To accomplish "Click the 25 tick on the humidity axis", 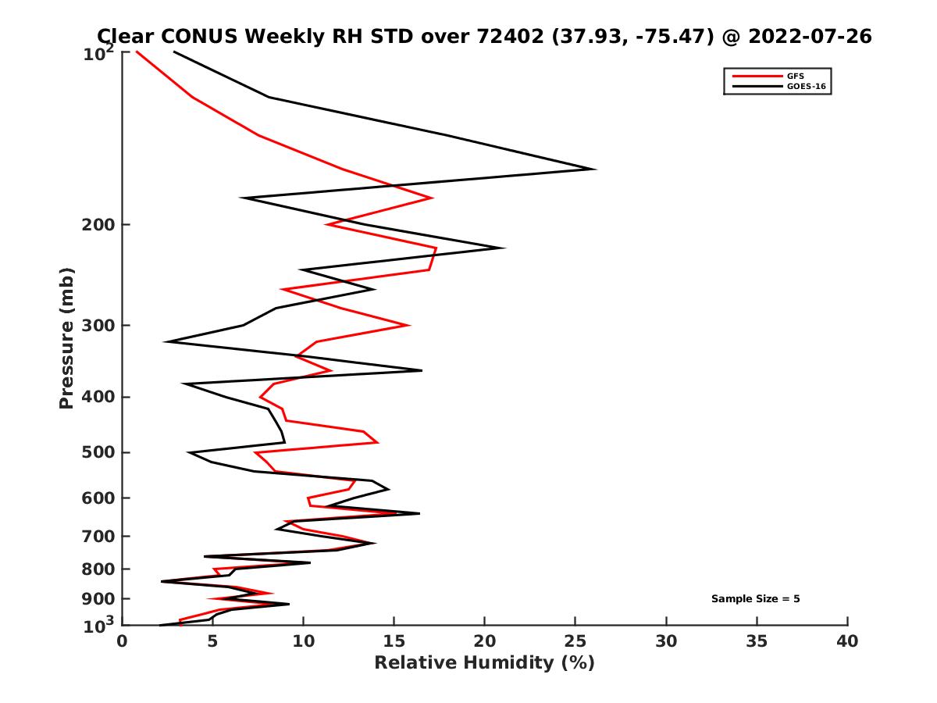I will (x=575, y=642).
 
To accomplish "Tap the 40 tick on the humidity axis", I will (x=847, y=642).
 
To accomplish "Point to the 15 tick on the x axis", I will (x=394, y=642).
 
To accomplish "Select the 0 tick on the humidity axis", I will (x=123, y=642).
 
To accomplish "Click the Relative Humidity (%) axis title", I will (x=484, y=664).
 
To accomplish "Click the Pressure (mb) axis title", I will (x=67, y=337).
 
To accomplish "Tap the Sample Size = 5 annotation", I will (x=755, y=599).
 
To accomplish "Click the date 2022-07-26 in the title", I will (x=807, y=36).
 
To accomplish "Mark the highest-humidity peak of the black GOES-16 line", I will (x=595, y=169).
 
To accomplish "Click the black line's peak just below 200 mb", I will (x=504, y=248).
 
